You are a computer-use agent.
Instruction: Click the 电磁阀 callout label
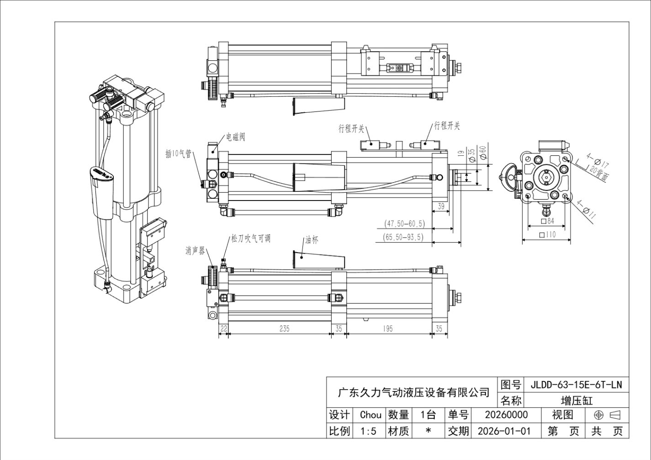pyautogui.click(x=236, y=137)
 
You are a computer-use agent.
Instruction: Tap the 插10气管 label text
pyautogui.click(x=178, y=154)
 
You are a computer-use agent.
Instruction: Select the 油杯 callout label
pyautogui.click(x=312, y=240)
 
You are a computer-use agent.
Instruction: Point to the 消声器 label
pyautogui.click(x=195, y=251)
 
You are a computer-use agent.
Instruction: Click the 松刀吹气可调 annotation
pyautogui.click(x=250, y=239)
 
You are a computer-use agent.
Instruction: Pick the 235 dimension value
pyautogui.click(x=284, y=328)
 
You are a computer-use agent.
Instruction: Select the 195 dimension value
pyautogui.click(x=388, y=328)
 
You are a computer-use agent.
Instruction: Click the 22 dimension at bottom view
pyautogui.click(x=223, y=328)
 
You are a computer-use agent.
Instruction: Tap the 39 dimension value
pyautogui.click(x=441, y=206)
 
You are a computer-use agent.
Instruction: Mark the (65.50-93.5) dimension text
pyautogui.click(x=403, y=237)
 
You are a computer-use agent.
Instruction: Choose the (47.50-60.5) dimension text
pyautogui.click(x=404, y=223)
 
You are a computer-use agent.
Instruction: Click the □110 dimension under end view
pyautogui.click(x=547, y=235)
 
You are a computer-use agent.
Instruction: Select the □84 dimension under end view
pyautogui.click(x=547, y=221)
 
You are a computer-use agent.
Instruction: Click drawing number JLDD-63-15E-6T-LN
pyautogui.click(x=576, y=385)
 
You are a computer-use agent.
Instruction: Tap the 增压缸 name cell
pyautogui.click(x=576, y=401)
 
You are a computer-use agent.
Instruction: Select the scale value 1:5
pyautogui.click(x=368, y=431)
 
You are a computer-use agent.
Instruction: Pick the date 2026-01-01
pyautogui.click(x=504, y=431)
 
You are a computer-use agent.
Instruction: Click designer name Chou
pyautogui.click(x=370, y=415)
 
